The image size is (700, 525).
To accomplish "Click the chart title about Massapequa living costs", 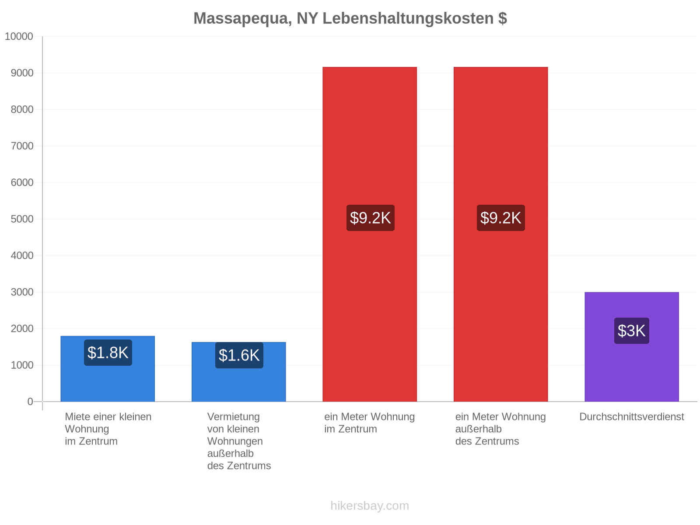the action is pos(350,18).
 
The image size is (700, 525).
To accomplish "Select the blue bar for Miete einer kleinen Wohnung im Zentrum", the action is pos(108,368).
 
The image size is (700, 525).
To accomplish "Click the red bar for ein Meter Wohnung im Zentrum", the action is pos(370,234).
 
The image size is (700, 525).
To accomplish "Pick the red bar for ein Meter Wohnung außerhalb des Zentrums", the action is pos(500,234).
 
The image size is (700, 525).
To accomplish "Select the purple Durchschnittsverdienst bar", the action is pos(632,346).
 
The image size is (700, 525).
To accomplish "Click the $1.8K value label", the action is pos(108,353).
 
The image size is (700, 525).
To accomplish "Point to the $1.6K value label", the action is pos(239,355).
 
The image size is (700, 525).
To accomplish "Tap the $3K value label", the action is pos(631,331).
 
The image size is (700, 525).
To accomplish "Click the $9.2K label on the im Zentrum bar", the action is pos(370,218).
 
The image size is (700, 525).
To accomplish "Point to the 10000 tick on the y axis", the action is pos(19,36).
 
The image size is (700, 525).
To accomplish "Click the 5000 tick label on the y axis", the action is pos(22,219).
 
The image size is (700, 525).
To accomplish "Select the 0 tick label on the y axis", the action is pos(30,401).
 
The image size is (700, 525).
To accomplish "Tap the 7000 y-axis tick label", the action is pos(22,146).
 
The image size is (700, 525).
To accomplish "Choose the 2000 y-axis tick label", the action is pos(22,328).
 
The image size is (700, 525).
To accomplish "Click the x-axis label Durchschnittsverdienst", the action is pos(631,416).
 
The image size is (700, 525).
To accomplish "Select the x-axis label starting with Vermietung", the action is pos(239,441).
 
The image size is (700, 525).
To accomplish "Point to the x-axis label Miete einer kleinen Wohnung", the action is pos(108,429).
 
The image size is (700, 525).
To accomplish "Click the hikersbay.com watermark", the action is pos(370,506).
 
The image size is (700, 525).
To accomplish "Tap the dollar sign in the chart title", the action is pos(503,18).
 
